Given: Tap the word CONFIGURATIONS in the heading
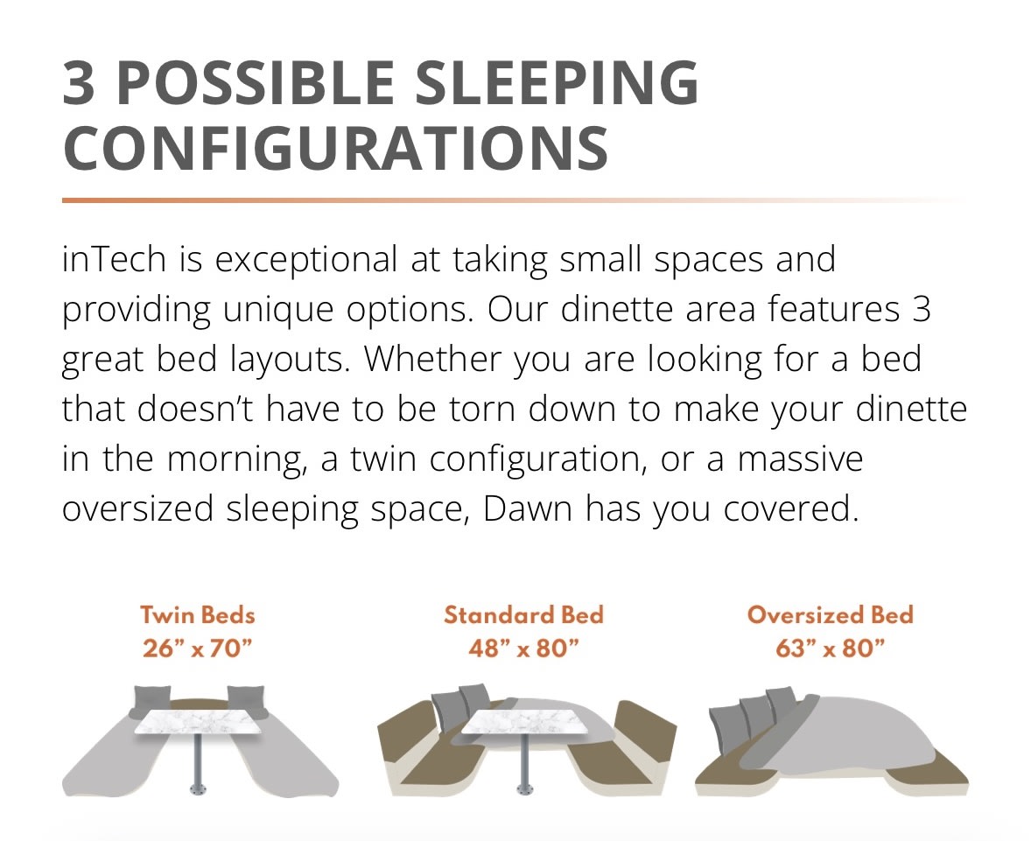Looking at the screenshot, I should point(335,150).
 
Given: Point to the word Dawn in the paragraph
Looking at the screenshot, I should point(529,509).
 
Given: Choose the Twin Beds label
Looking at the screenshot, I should point(198,614).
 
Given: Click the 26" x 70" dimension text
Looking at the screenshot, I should point(198,648).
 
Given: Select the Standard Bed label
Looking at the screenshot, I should point(523,614).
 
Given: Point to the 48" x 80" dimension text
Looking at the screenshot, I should point(523,648).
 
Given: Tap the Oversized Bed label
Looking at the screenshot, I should point(830,614).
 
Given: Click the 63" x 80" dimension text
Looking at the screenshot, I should point(830,648).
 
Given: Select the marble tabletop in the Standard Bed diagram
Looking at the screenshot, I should point(523,721).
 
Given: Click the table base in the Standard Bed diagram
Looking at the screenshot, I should point(523,788).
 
